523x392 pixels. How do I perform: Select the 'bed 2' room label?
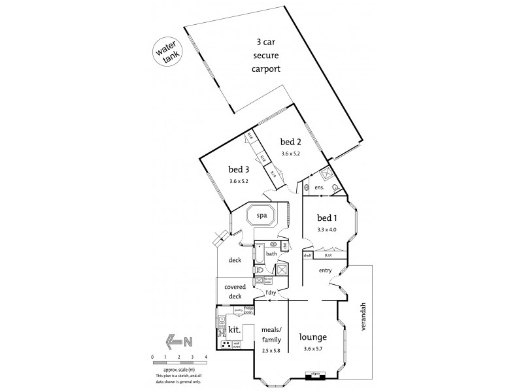click(x=291, y=142)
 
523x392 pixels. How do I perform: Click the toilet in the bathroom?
click(x=261, y=269)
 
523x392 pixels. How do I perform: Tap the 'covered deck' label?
click(x=235, y=291)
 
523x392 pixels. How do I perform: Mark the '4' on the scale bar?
click(x=207, y=357)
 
